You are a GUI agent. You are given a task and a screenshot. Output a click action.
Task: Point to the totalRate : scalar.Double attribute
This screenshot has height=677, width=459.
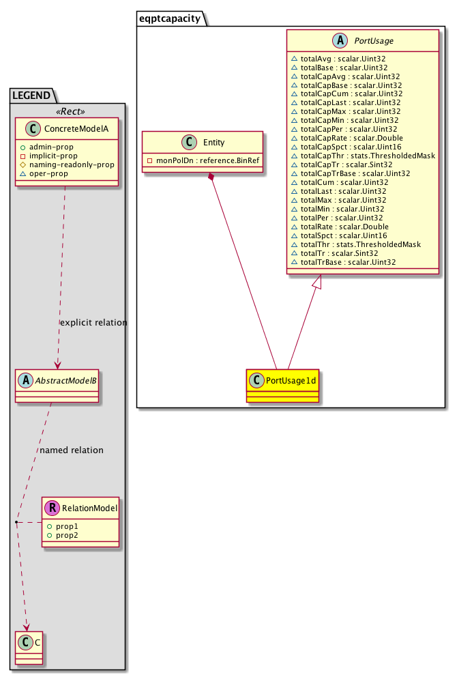pyautogui.click(x=342, y=227)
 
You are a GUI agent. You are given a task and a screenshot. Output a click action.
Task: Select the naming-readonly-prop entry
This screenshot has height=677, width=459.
pyautogui.click(x=72, y=164)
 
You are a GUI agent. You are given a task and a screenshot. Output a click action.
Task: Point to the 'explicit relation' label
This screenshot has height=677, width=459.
pyautogui.click(x=93, y=322)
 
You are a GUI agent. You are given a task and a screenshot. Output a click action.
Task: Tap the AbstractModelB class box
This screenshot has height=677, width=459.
pyautogui.click(x=57, y=385)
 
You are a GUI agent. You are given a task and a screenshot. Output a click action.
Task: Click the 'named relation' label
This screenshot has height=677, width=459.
pyautogui.click(x=72, y=450)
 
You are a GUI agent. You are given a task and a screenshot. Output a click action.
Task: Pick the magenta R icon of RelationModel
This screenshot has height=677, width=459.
pyautogui.click(x=52, y=508)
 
